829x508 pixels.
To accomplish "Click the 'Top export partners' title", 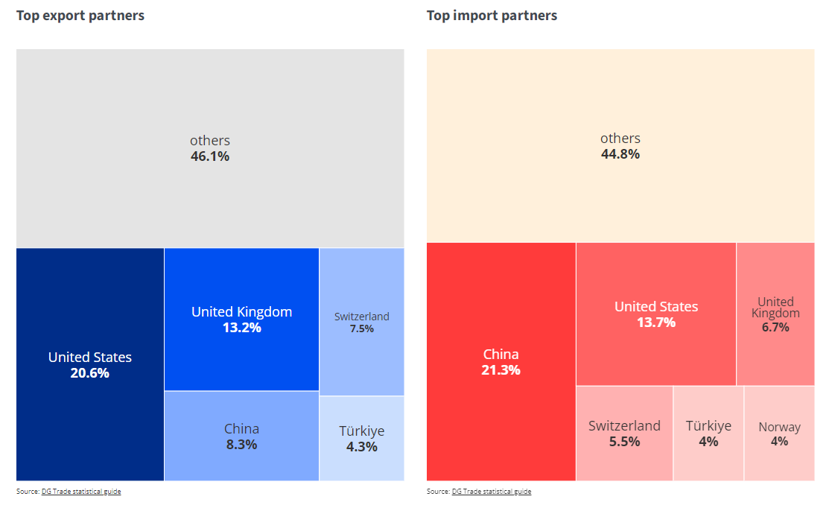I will point(80,16).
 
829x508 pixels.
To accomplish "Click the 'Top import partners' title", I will point(492,16).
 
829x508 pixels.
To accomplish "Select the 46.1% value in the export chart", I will point(210,157).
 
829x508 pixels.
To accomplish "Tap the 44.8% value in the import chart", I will point(620,154).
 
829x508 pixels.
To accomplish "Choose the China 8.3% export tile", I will point(241,436).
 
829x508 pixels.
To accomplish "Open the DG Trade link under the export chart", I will point(81,492).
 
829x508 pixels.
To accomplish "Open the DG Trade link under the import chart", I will point(492,492).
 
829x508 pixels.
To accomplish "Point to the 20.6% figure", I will point(90,373).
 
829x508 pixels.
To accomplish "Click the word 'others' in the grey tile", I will point(210,141).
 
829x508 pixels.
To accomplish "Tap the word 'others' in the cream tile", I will point(620,139).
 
